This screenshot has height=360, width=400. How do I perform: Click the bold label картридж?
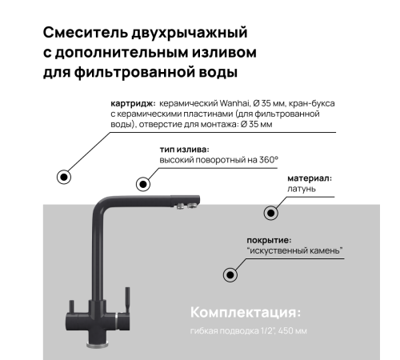pos(133,105)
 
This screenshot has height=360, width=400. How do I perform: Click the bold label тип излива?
pos(186,150)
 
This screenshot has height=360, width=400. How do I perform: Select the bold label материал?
pos(310,178)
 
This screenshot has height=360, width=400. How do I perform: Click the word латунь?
pos(302,190)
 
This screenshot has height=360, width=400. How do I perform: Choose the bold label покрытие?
pos(268,240)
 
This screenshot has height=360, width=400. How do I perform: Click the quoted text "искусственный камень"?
pos(295,251)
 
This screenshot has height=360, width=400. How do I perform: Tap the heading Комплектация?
pos(245,311)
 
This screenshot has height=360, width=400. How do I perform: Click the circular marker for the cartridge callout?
pos(61,177)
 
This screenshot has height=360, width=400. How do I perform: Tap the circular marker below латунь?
pos(271,213)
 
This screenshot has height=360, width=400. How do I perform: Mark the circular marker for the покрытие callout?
pos(230,274)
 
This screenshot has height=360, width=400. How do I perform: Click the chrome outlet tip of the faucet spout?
pos(183,212)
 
